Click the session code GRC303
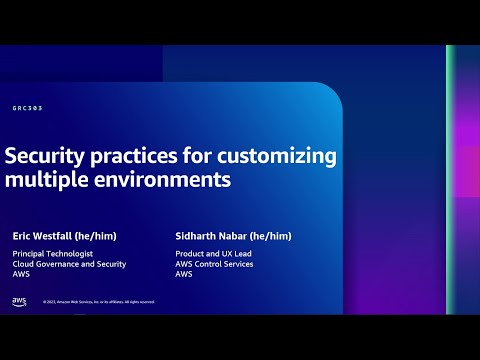pos(28,108)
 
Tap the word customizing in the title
pos(280,157)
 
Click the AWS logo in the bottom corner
pos(19,301)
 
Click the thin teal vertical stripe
pos(451,180)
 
